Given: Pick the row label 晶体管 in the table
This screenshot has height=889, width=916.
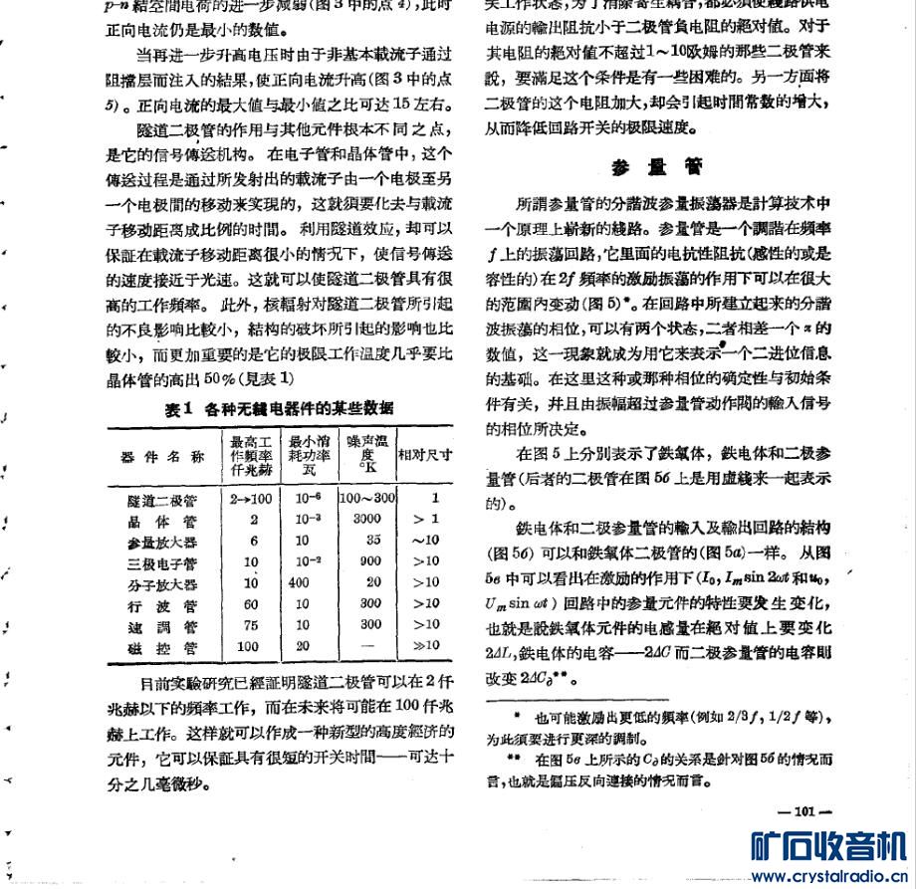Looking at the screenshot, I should pos(162,520).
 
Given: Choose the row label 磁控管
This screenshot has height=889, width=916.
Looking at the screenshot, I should pos(162,646).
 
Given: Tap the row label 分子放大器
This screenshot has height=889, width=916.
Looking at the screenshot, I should pos(162,583).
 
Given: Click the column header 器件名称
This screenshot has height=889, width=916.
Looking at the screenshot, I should pos(162,456).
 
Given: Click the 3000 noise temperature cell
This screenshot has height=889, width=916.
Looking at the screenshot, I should pos(366,520).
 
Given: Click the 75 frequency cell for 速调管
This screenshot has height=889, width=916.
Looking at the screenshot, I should pos(251,625).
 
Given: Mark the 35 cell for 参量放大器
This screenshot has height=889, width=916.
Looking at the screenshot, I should pos(373,541).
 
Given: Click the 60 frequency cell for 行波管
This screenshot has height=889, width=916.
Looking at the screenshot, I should pos(251,604).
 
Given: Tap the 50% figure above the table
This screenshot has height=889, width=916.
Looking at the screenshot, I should pos(217,379).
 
